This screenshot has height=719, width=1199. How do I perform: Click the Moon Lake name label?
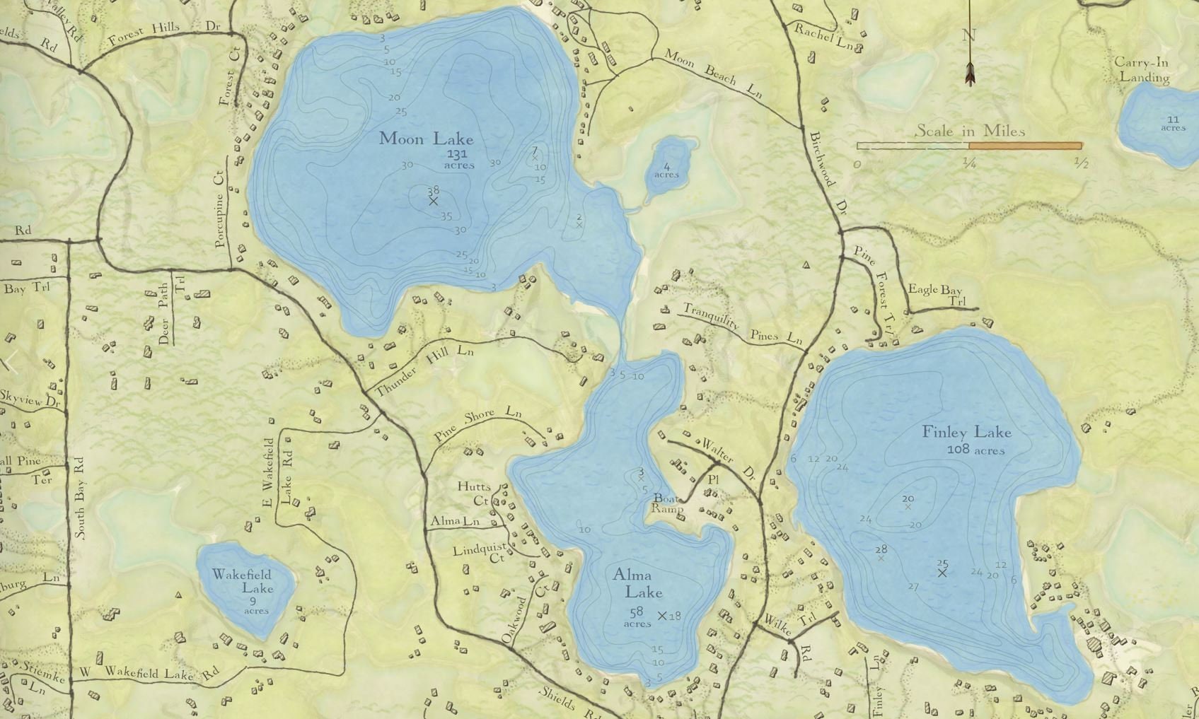point(426,138)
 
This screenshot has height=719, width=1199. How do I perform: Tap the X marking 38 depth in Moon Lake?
point(434,201)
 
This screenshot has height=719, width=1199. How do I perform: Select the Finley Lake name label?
point(966,432)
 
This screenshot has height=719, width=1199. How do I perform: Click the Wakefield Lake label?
point(242,581)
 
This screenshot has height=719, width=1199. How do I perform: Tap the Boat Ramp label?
point(668,503)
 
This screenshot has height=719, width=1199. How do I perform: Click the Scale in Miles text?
point(970,131)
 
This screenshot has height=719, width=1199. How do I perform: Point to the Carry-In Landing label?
point(1141,69)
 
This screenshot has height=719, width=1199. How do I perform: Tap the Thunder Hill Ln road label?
point(424,369)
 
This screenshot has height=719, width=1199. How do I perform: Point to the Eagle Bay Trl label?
point(935,294)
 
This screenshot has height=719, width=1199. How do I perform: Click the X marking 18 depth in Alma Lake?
point(662,616)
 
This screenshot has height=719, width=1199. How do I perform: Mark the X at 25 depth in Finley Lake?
point(942,573)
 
